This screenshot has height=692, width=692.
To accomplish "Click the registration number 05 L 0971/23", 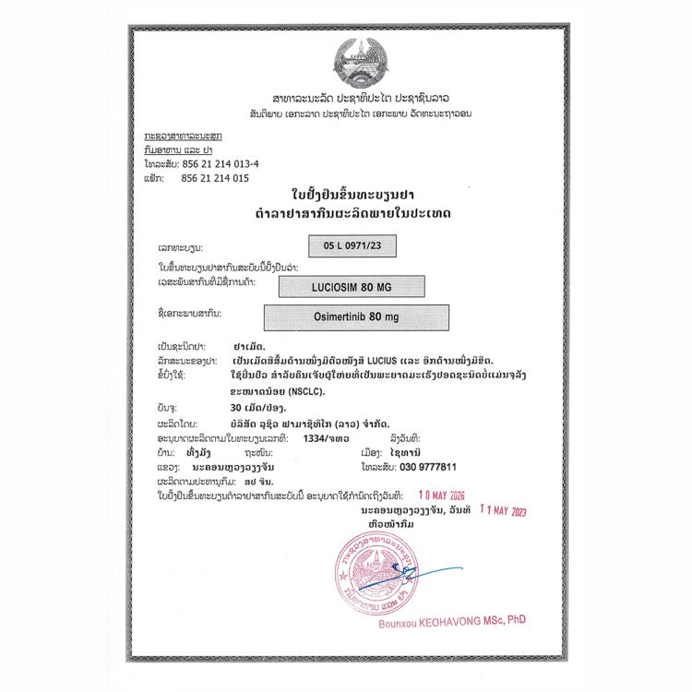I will tap(347, 246).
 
